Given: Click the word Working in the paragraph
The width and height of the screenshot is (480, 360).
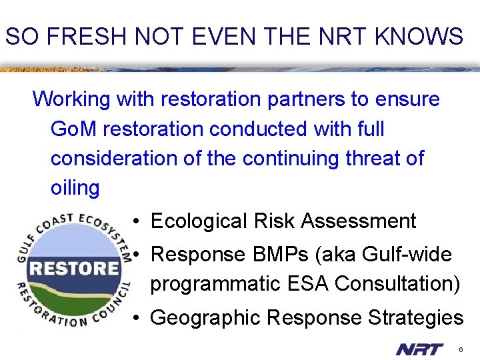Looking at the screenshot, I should (71, 99).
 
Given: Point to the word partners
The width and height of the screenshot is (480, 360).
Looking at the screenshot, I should (306, 99).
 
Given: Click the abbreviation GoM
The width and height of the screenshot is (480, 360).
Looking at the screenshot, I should (71, 129).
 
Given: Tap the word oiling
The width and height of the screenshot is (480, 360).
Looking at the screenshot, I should (75, 188).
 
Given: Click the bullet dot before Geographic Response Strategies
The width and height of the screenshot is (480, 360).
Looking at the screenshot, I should (135, 318).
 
